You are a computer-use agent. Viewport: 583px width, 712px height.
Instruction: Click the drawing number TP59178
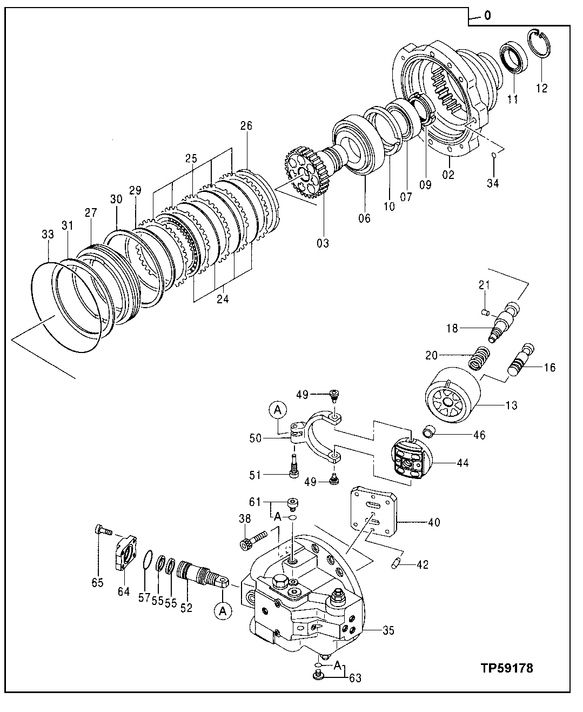(x=506, y=668)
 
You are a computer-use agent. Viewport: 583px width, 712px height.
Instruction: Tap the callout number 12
(x=541, y=88)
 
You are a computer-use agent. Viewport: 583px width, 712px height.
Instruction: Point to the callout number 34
(x=492, y=183)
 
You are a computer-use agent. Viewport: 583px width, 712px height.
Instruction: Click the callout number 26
(x=246, y=126)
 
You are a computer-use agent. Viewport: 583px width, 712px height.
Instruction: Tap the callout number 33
(x=48, y=235)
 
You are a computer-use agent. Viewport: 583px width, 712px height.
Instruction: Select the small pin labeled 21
(x=485, y=311)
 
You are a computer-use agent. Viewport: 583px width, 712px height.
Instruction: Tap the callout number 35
(x=388, y=630)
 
